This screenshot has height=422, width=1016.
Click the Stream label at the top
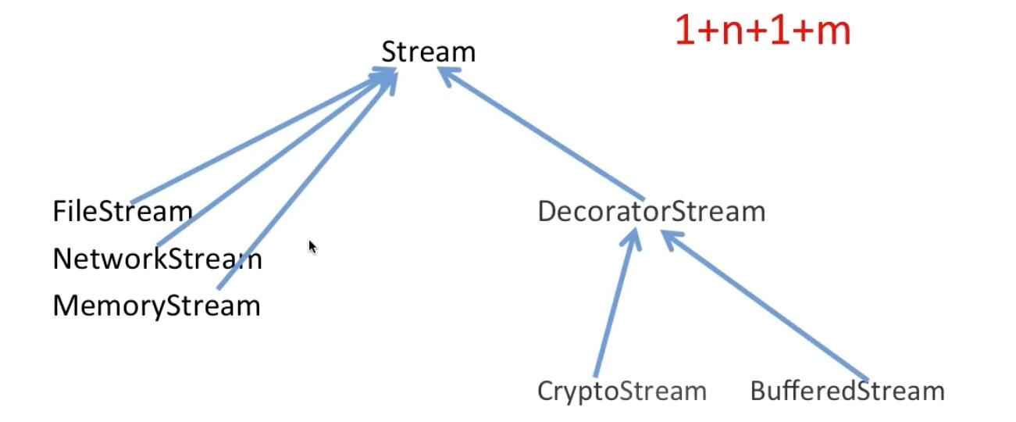pyautogui.click(x=428, y=52)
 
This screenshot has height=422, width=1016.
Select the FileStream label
pyautogui.click(x=122, y=211)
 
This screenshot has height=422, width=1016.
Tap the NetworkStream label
pyautogui.click(x=157, y=259)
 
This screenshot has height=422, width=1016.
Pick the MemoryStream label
pyautogui.click(x=156, y=306)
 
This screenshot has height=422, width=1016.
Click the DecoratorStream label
pyautogui.click(x=651, y=212)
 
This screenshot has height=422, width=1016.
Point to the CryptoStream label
pyautogui.click(x=622, y=391)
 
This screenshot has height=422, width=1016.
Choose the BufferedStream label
pyautogui.click(x=847, y=391)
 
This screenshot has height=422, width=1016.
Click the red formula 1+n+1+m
pyautogui.click(x=762, y=32)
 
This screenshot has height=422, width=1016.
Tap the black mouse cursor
pyautogui.click(x=312, y=247)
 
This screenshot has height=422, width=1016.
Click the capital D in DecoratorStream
pyautogui.click(x=547, y=212)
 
